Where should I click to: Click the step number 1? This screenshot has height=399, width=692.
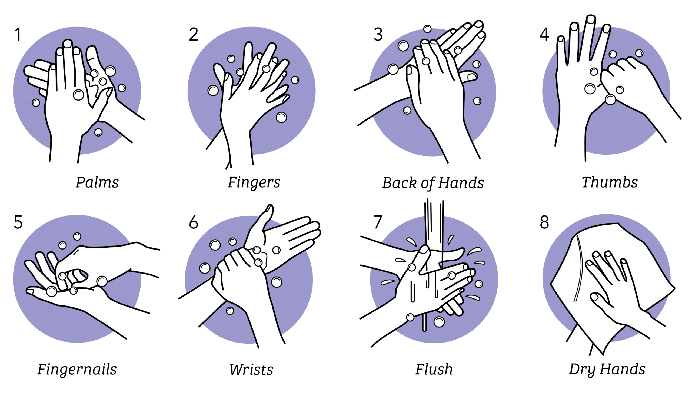pyautogui.click(x=18, y=35)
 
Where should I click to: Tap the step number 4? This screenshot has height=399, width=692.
pyautogui.click(x=544, y=35)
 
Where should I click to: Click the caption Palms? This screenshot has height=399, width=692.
pyautogui.click(x=97, y=182)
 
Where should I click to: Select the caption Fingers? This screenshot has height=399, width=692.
pyautogui.click(x=254, y=182)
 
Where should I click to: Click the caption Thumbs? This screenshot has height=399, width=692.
pyautogui.click(x=610, y=182)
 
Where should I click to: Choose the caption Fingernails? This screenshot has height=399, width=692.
pyautogui.click(x=77, y=370)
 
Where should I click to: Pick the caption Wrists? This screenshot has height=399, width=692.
pyautogui.click(x=251, y=370)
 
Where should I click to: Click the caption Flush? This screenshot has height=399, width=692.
pyautogui.click(x=434, y=370)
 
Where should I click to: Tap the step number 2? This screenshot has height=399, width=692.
pyautogui.click(x=194, y=35)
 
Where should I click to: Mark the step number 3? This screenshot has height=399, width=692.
pyautogui.click(x=378, y=35)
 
